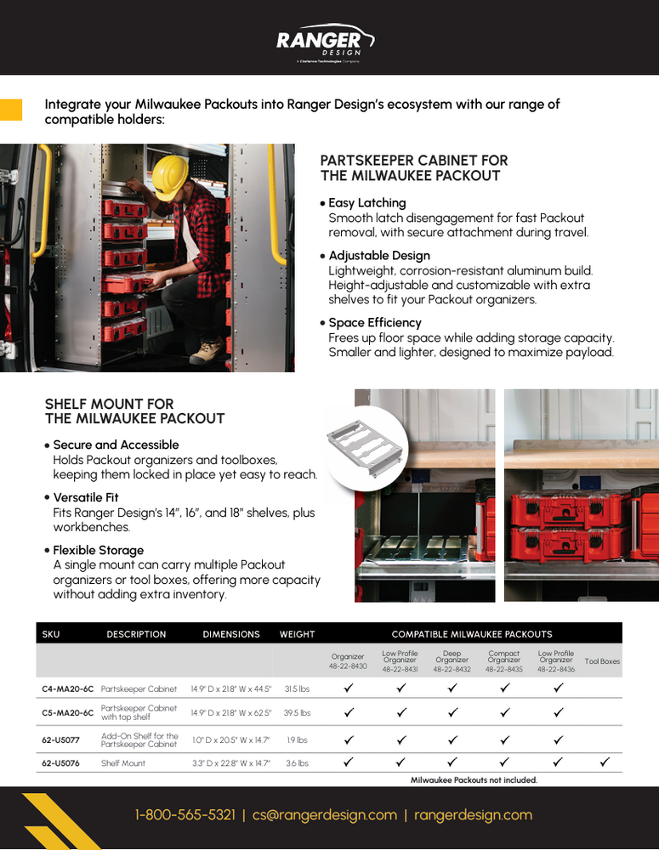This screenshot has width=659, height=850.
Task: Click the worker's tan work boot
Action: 207,350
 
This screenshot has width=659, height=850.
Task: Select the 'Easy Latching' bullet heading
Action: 366,203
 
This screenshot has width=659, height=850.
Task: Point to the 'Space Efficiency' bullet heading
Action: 374,323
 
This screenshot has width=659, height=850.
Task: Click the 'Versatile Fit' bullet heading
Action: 86,497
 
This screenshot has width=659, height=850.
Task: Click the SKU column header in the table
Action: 51,634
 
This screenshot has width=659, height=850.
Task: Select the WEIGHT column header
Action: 297,634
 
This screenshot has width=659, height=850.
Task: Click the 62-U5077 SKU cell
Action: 60,740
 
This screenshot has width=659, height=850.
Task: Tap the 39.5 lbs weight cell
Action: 298,713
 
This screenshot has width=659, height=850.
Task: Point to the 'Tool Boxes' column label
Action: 602,661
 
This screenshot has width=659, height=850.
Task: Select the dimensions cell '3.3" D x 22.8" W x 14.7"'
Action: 230,763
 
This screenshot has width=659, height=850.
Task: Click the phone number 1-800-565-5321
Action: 185,815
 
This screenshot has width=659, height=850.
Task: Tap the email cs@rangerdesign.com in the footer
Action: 325,815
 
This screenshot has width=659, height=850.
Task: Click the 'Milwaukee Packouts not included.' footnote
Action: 474,780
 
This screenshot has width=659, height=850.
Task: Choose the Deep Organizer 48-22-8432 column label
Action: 452,661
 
